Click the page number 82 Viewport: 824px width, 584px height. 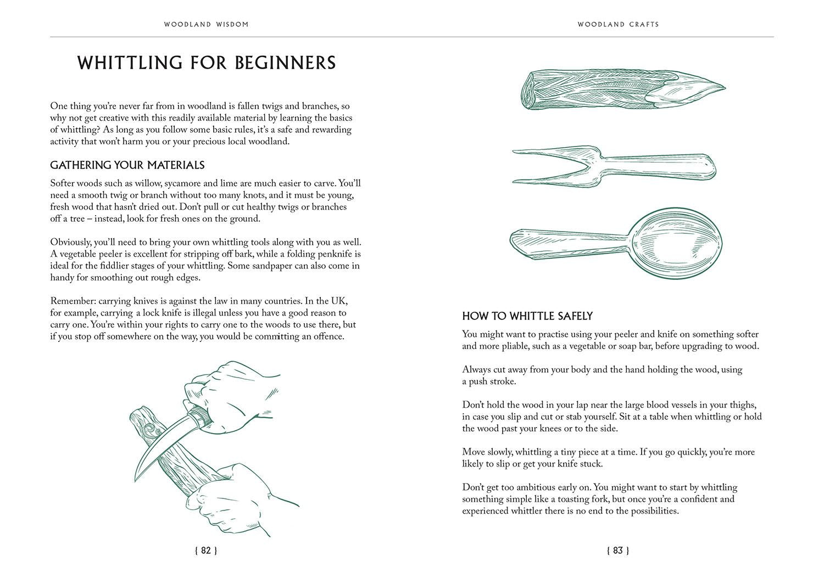pos(206,551)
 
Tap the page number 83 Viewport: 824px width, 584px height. pos(618,551)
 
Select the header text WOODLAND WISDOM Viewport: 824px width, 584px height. pos(206,24)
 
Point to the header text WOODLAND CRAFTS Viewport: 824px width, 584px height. pos(618,24)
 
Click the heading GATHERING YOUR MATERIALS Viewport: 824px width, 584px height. pos(127,165)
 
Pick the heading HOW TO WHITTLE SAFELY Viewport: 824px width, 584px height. pos(527,316)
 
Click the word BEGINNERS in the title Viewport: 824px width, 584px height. pos(285,63)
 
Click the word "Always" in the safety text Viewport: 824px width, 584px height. pos(477,369)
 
